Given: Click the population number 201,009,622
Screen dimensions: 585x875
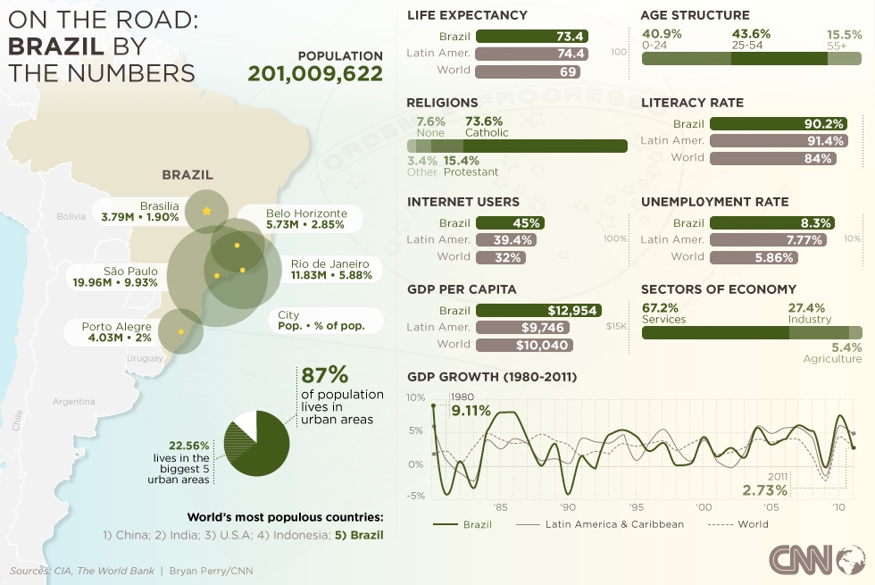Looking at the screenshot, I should coord(315,73).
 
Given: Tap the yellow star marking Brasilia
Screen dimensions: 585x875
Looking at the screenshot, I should coord(207,212).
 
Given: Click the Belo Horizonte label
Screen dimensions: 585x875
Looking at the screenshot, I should coord(306,219).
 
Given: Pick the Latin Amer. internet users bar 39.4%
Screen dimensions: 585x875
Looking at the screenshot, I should coord(507,240).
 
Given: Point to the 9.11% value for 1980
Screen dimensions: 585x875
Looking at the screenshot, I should coord(471,411).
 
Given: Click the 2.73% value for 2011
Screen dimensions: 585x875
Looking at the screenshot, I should coord(765,490).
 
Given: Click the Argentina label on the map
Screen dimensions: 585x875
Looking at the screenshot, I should coord(73,402).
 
